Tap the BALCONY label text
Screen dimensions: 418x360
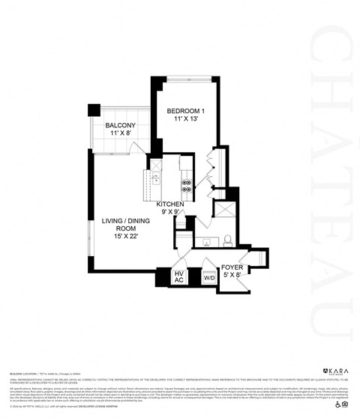tap(120, 125)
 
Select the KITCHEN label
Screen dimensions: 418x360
tap(170, 204)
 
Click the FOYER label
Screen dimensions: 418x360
tap(231, 267)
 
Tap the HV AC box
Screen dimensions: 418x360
tap(179, 276)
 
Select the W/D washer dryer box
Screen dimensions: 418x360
tap(209, 278)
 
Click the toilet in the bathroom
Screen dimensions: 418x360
tap(226, 240)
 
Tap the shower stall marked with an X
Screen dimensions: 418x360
tap(224, 210)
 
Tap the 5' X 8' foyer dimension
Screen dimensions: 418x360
tap(231, 276)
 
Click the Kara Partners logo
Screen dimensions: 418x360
tap(335, 371)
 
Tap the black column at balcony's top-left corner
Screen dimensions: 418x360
tap(93, 110)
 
